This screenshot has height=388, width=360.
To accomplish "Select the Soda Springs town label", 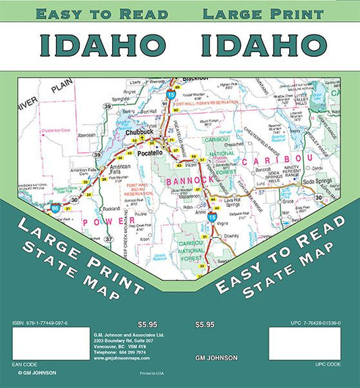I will click(x=318, y=183).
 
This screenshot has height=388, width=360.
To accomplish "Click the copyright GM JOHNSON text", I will click(x=36, y=372).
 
